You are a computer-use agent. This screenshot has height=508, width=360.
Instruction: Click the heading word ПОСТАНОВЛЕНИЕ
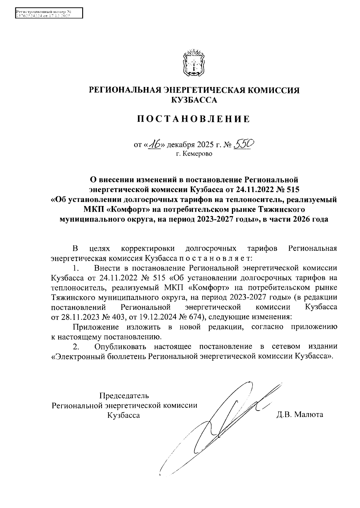point(193,119)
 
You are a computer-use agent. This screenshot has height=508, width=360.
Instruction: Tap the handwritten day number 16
point(155,145)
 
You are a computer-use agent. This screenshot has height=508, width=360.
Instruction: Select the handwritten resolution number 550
point(244,145)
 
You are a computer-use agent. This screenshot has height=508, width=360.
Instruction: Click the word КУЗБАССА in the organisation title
point(193,100)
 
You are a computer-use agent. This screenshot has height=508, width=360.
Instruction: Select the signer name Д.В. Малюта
point(300,415)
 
